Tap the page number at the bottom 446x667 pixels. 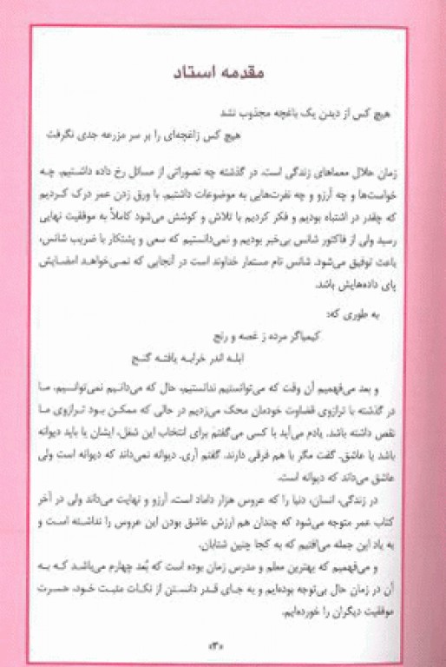click(208, 644)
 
